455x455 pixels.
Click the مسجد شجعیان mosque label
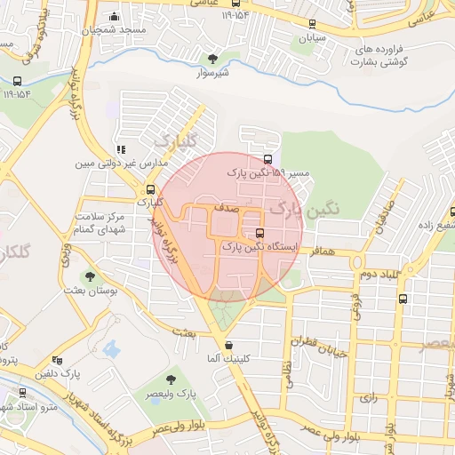[x=113, y=29]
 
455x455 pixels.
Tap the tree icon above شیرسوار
[x=212, y=59]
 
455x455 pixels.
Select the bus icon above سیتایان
[x=310, y=25]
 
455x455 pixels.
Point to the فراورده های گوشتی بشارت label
[x=395, y=56]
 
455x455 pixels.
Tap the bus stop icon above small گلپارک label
[x=151, y=188]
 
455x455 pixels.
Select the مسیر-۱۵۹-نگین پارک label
[x=267, y=172]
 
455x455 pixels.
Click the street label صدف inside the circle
[x=226, y=207]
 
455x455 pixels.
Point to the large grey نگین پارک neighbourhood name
[x=297, y=211]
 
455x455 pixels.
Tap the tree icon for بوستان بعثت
[x=88, y=275]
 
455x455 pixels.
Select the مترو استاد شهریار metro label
[x=35, y=406]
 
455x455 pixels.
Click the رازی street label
[x=367, y=397]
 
